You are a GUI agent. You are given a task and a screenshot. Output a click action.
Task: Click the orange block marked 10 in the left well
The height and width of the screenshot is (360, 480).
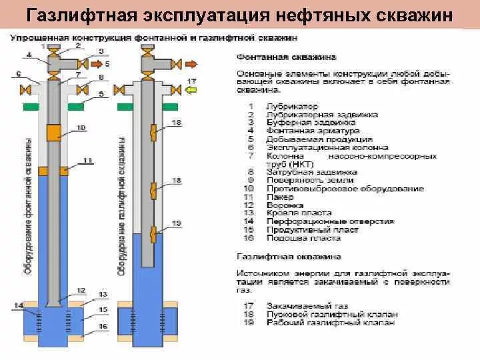click(53, 131)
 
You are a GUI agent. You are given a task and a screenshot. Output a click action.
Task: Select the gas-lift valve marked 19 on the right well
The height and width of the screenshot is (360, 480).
click(153, 233)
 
